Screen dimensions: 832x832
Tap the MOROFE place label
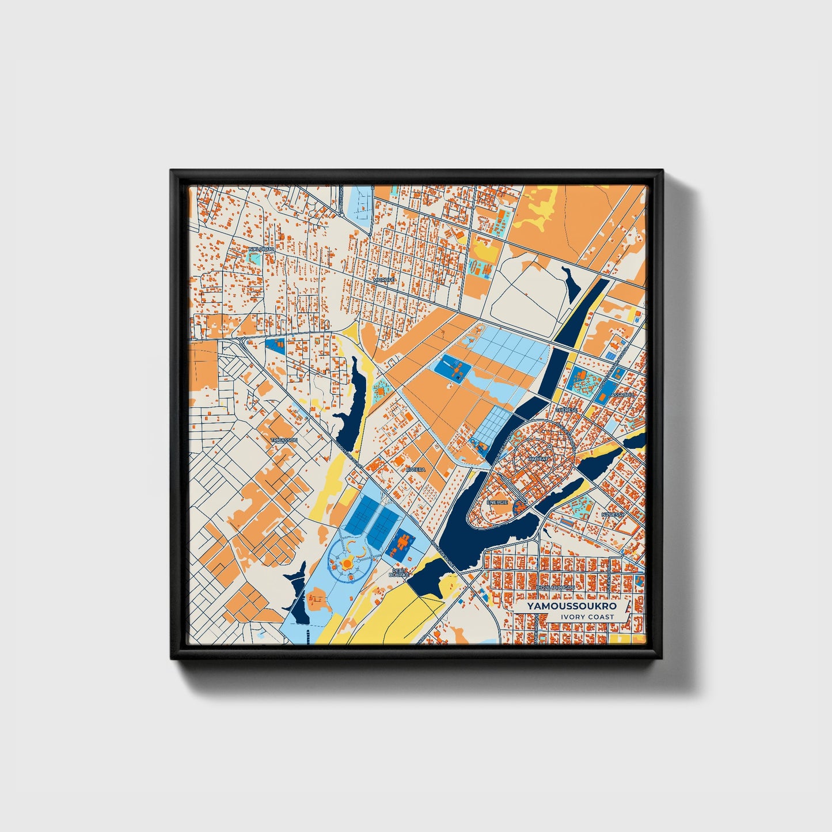coord(384,280)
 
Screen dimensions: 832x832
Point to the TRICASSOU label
coord(283,440)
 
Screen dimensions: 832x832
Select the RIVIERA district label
coord(416,470)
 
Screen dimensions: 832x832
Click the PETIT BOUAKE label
coord(399,572)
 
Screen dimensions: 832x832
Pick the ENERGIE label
coord(497,502)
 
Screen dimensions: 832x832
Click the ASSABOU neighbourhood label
coord(622,395)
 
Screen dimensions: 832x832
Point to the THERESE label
coord(566,409)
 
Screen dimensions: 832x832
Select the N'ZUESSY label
coord(613,514)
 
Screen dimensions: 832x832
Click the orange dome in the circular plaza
coord(348,563)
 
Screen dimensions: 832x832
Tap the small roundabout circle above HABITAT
coord(550,446)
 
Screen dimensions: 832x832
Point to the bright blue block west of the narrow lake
coord(275,345)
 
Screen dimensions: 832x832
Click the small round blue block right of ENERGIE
coord(521,506)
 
